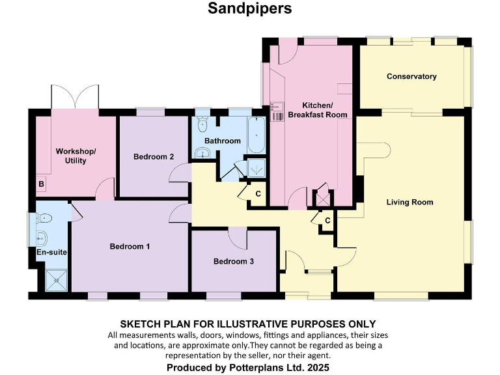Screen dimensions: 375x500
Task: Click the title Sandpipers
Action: pos(249,8)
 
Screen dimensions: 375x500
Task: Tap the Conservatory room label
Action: pos(411,77)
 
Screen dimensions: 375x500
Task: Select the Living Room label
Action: pos(410,202)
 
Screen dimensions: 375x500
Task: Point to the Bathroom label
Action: pos(222,141)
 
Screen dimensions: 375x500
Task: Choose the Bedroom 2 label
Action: pos(154,157)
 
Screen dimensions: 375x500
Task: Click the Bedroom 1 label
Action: pos(130,247)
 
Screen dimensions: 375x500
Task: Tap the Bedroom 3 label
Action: pos(234,262)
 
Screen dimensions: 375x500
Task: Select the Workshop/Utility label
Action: pos(76,156)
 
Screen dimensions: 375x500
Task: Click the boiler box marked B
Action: pos(42,185)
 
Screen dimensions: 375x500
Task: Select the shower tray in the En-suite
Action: pos(56,281)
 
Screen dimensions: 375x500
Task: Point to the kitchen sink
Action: pos(279,111)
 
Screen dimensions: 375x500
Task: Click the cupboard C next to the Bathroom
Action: pos(257,194)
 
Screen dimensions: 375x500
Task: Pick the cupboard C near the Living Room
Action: pos(327,220)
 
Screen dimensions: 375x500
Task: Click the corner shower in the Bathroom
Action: pos(257,167)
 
